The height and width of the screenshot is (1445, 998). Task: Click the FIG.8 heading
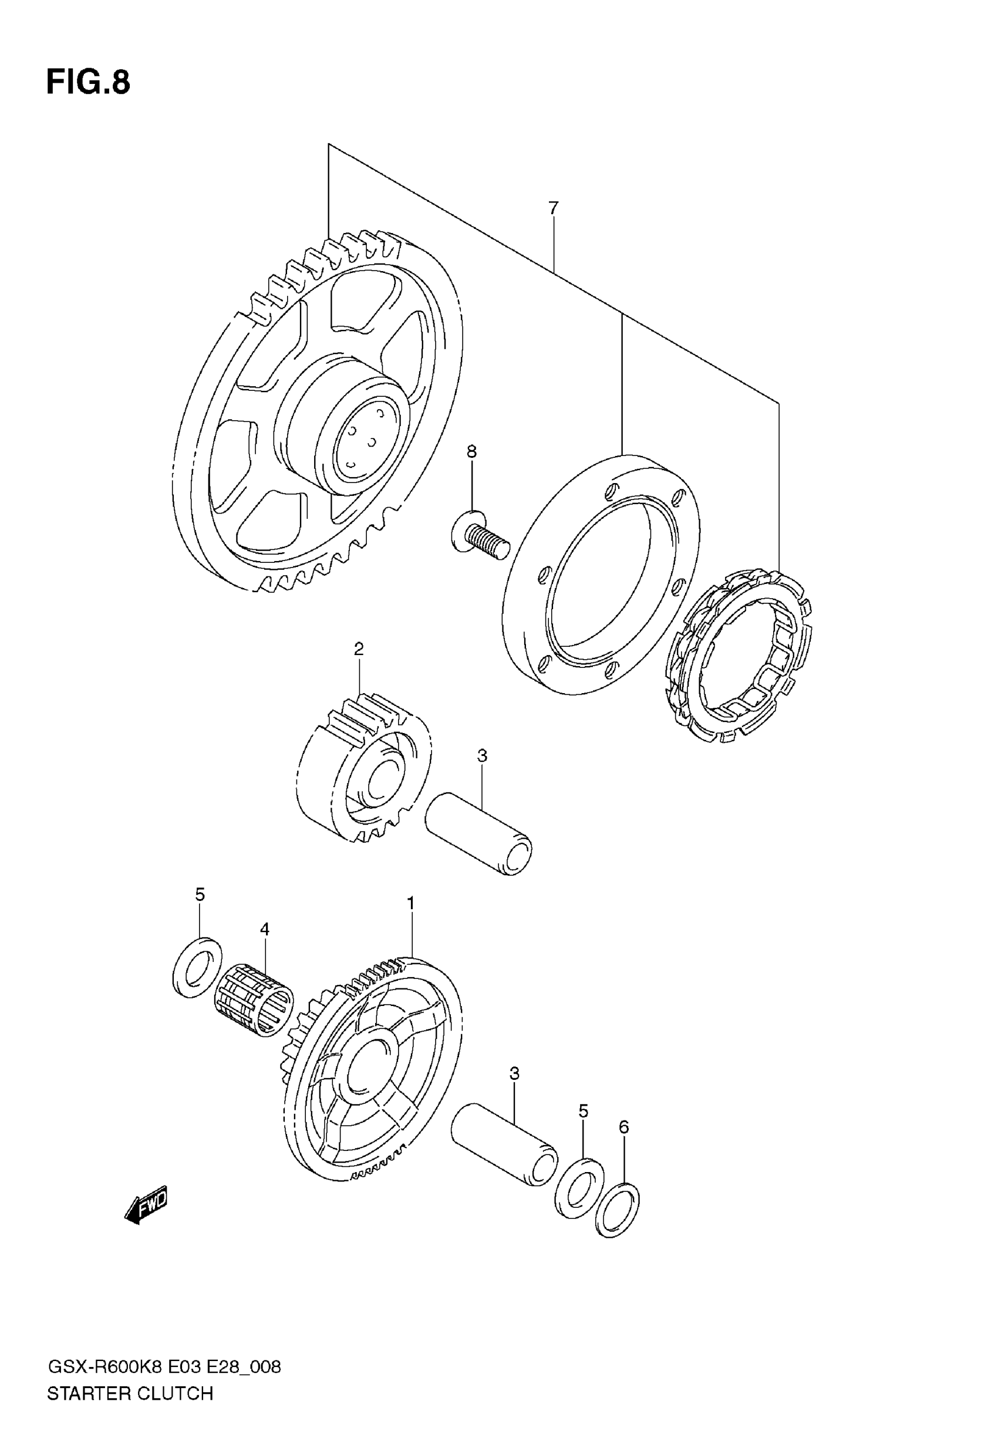coord(88,83)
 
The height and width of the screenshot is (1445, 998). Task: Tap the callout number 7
coord(553,208)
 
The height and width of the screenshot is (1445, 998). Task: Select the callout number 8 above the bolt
coord(471,451)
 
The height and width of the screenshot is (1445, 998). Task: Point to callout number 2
coord(358,649)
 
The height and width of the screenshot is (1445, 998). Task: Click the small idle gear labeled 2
coord(363,769)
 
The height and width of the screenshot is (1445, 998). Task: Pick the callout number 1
coord(411,903)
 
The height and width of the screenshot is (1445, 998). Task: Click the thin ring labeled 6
coord(618,1210)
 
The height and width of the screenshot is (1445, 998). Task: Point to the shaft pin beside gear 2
coord(478,834)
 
